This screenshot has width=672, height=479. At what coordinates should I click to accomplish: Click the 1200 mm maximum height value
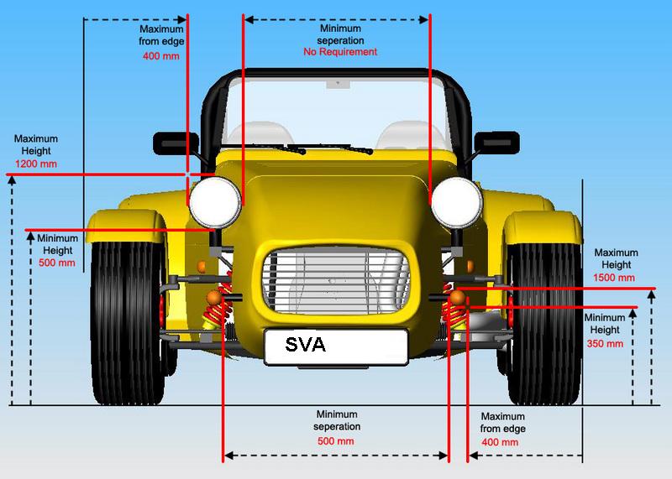coord(35,164)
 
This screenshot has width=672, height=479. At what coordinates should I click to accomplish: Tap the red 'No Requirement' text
coord(340,52)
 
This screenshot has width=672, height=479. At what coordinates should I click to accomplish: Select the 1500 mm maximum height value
coord(616,278)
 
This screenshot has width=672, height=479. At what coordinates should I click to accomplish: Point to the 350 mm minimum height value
coord(605,343)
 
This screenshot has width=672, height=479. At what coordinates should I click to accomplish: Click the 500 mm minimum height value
coord(57,263)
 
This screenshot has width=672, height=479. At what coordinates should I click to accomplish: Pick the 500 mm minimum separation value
coord(336,441)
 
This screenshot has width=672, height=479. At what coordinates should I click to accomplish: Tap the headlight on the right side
coord(456,202)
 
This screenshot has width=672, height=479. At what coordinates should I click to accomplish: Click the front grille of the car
coord(335,281)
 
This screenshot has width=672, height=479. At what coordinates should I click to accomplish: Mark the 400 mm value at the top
coord(161,55)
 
